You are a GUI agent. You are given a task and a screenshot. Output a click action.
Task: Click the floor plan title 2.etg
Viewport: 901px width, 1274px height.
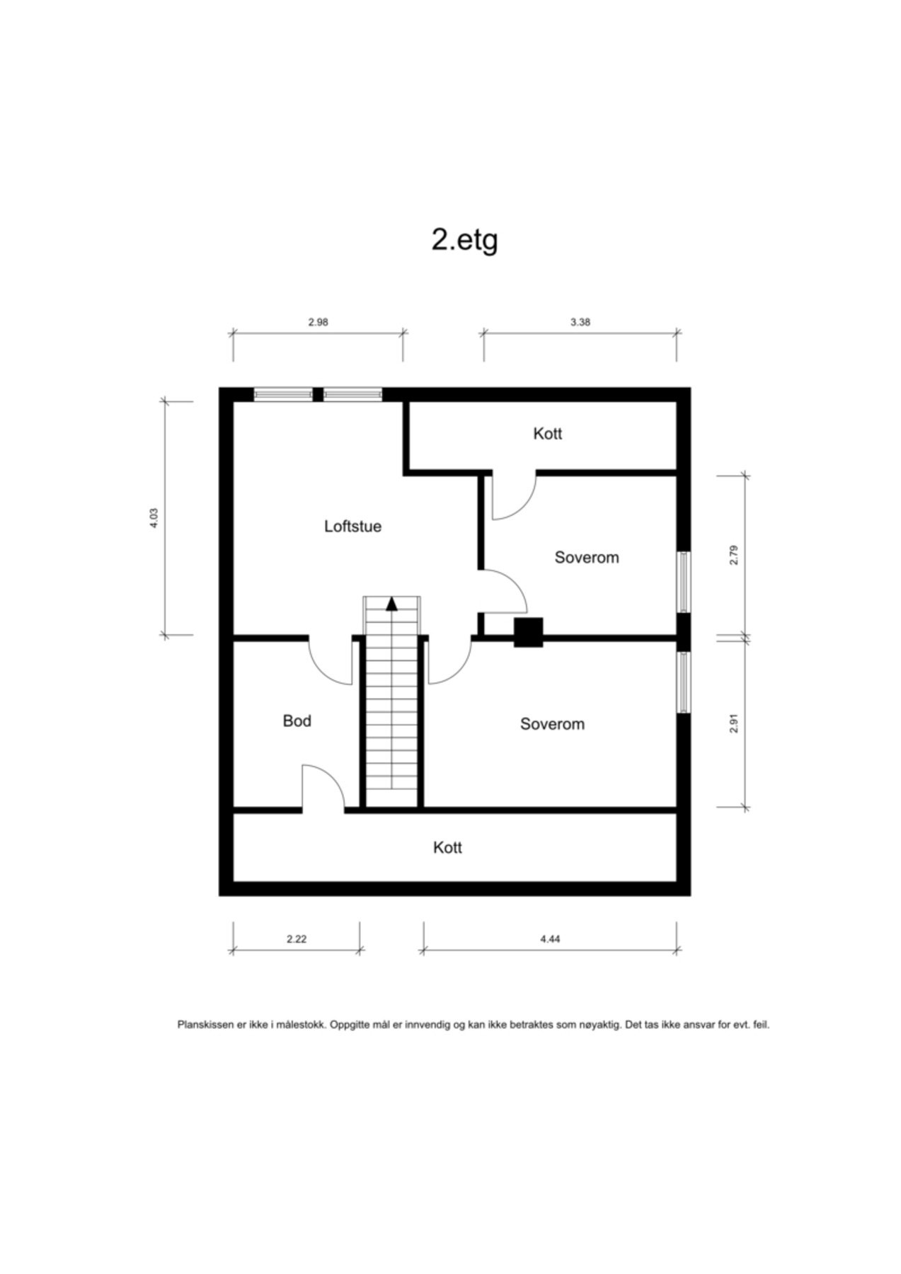click(x=464, y=240)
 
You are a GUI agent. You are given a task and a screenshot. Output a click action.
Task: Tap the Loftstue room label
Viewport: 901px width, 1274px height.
click(x=352, y=526)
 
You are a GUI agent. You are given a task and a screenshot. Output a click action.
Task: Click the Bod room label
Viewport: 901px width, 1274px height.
click(x=297, y=721)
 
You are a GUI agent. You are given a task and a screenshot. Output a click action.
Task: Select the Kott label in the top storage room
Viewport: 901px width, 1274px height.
click(x=547, y=433)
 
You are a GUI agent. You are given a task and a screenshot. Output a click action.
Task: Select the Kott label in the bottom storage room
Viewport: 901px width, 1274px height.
click(x=447, y=847)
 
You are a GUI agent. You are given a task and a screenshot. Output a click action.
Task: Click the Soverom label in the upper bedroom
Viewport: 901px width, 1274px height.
click(x=586, y=557)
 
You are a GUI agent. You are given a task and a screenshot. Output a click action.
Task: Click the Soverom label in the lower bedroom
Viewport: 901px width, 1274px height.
click(x=552, y=723)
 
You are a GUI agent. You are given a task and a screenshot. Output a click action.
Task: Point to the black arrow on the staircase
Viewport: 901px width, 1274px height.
click(x=391, y=603)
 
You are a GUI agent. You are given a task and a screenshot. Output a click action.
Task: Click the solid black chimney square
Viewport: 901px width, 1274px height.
click(x=528, y=632)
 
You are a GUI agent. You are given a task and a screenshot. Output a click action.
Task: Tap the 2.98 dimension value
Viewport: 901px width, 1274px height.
click(x=318, y=322)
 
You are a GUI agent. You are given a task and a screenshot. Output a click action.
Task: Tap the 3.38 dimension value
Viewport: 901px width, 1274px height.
click(x=580, y=322)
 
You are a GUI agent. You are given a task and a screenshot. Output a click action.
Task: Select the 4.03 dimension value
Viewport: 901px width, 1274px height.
click(x=154, y=518)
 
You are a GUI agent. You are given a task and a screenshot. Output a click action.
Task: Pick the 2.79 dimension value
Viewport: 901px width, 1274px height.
click(x=733, y=554)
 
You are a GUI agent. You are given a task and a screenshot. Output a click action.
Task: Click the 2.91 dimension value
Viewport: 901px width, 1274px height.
click(x=733, y=723)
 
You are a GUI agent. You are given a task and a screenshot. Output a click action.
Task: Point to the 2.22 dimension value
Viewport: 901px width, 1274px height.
click(x=297, y=939)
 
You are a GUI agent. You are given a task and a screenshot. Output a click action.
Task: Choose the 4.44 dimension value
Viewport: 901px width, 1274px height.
click(x=550, y=939)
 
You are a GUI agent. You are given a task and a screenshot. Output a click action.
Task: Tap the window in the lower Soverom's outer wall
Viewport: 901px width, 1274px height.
click(x=683, y=682)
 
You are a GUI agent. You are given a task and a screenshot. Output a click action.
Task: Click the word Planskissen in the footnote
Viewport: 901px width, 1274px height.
click(x=205, y=1024)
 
